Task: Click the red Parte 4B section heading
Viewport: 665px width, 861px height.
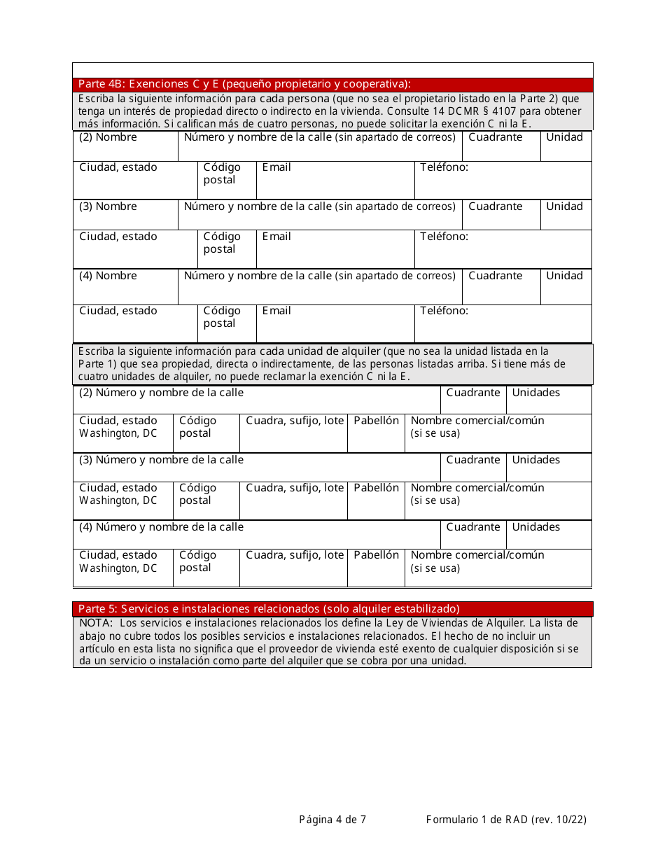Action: [x=244, y=85]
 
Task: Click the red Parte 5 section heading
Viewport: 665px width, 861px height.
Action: [x=269, y=608]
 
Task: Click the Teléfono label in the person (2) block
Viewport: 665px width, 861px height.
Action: [x=444, y=167]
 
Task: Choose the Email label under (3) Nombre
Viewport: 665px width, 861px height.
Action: [x=276, y=237]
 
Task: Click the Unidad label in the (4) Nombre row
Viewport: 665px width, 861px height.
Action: [x=564, y=276]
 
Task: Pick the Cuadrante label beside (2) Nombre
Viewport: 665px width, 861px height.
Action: [x=495, y=137]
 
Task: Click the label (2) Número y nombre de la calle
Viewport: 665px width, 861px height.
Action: [x=161, y=393]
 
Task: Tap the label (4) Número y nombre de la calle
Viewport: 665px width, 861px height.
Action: [x=161, y=527]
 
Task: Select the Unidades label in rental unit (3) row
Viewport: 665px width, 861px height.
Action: [x=535, y=460]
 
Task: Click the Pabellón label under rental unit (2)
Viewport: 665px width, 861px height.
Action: [x=376, y=421]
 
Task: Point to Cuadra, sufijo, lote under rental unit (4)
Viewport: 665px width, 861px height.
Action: [x=295, y=555]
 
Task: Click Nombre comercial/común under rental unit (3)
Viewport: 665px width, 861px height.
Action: [x=477, y=488]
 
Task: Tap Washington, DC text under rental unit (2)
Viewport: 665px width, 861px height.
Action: [x=118, y=433]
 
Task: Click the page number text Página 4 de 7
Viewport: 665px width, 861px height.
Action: [x=332, y=819]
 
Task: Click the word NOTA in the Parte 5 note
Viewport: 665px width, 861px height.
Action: [x=95, y=623]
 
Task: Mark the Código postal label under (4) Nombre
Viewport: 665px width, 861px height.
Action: [x=221, y=317]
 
